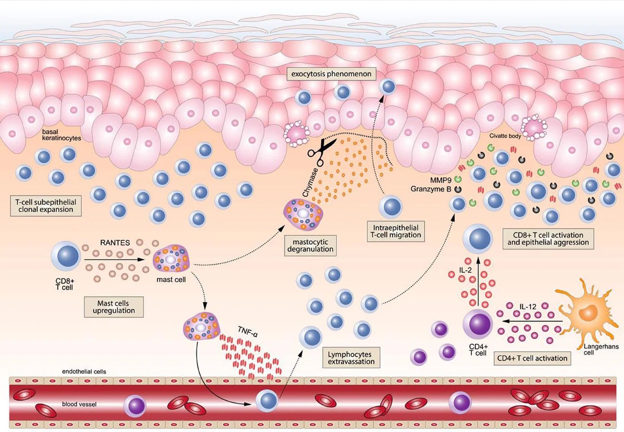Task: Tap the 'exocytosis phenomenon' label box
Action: [x=331, y=74]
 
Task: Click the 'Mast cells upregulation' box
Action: [x=113, y=307]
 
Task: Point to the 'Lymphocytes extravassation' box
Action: [x=351, y=358]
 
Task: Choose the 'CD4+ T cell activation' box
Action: [x=532, y=358]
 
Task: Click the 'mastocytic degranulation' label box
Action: [x=310, y=245]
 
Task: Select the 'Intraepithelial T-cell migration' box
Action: [x=395, y=231]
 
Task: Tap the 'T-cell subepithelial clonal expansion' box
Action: [x=46, y=206]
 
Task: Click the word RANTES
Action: [x=115, y=243]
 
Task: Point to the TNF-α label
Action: [x=248, y=332]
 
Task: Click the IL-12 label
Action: [x=528, y=307]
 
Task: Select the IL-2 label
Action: [x=465, y=270]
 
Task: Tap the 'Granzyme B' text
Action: [x=431, y=189]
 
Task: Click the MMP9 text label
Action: [x=440, y=180]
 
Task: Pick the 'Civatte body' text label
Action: [x=505, y=136]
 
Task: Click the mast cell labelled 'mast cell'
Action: [x=171, y=258]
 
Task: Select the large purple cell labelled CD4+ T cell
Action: [x=478, y=324]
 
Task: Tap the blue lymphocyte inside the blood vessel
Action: [x=267, y=401]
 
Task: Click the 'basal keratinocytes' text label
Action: [x=62, y=135]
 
